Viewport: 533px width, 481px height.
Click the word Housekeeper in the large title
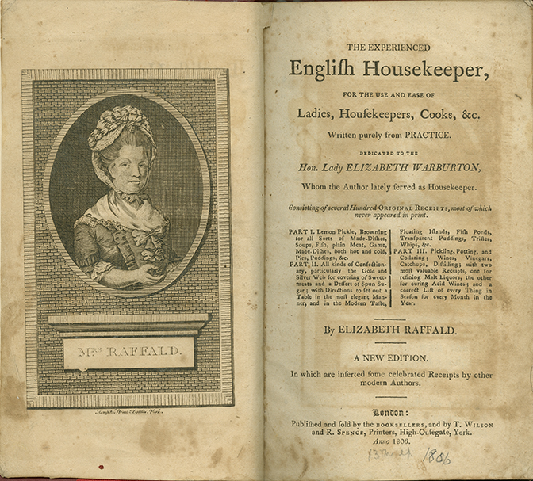(x=423, y=69)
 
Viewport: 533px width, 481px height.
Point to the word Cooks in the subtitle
(x=433, y=115)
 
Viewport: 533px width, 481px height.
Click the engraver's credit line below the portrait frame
(x=127, y=412)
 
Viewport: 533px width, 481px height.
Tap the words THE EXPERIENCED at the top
(x=391, y=46)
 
